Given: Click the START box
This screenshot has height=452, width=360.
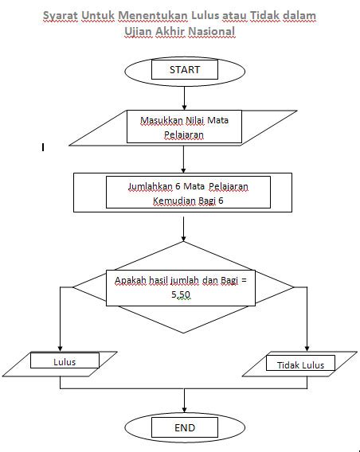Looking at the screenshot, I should point(184,70).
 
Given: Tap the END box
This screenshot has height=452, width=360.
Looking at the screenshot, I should point(184,427).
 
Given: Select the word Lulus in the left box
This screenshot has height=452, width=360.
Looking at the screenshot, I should point(65,361).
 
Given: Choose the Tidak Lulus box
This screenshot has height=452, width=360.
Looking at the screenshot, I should point(299,364).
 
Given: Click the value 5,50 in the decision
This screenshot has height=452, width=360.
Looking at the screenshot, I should point(181,294).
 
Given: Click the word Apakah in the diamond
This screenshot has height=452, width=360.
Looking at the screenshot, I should point(131,281).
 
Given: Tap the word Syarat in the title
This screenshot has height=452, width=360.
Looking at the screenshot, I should point(64,17).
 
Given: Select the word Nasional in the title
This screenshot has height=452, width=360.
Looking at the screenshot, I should point(210,31).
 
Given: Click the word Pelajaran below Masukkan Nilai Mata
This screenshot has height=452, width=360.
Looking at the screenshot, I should point(184,135).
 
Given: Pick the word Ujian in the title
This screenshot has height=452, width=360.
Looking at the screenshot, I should point(140,31).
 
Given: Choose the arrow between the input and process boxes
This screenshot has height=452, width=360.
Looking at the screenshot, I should point(184,159).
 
